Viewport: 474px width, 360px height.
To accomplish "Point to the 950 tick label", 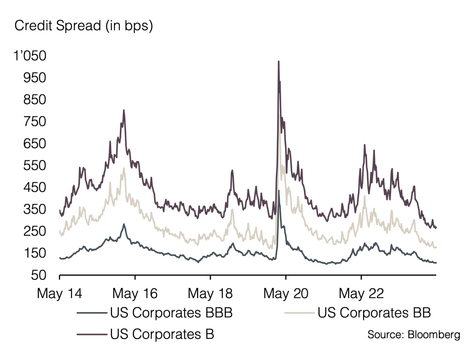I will click(x=35, y=78).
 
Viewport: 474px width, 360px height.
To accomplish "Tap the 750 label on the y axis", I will click(x=35, y=122).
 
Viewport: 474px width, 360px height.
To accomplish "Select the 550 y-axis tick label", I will click(x=35, y=166).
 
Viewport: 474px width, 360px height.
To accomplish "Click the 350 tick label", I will click(x=35, y=209).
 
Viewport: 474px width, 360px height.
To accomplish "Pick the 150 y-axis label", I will click(x=35, y=253).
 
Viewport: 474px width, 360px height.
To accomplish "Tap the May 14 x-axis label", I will click(x=60, y=294).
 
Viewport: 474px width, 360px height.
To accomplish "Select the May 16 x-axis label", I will click(x=135, y=294).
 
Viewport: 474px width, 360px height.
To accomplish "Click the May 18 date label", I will click(x=210, y=294).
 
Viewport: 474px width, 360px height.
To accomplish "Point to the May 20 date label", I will click(x=285, y=294).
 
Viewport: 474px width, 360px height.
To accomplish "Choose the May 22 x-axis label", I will click(x=361, y=294).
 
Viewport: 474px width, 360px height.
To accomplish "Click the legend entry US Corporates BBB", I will click(x=171, y=313).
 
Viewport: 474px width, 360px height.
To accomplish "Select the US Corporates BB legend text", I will click(x=374, y=313).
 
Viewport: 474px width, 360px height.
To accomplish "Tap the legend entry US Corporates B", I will click(x=162, y=335).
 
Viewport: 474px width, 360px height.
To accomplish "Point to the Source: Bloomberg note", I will click(x=414, y=335).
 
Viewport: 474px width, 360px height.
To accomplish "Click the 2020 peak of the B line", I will click(x=279, y=61).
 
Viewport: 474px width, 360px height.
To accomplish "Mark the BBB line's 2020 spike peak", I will click(x=279, y=190).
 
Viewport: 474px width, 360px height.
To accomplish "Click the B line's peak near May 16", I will click(x=124, y=110).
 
